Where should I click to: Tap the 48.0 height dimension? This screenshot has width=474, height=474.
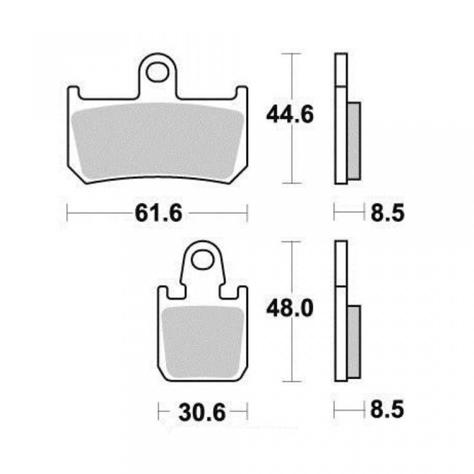(290, 310)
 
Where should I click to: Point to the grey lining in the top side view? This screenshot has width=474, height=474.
(354, 141)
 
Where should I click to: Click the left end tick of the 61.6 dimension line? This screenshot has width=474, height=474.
(67, 213)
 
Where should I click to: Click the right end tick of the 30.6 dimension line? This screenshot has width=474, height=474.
(246, 411)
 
